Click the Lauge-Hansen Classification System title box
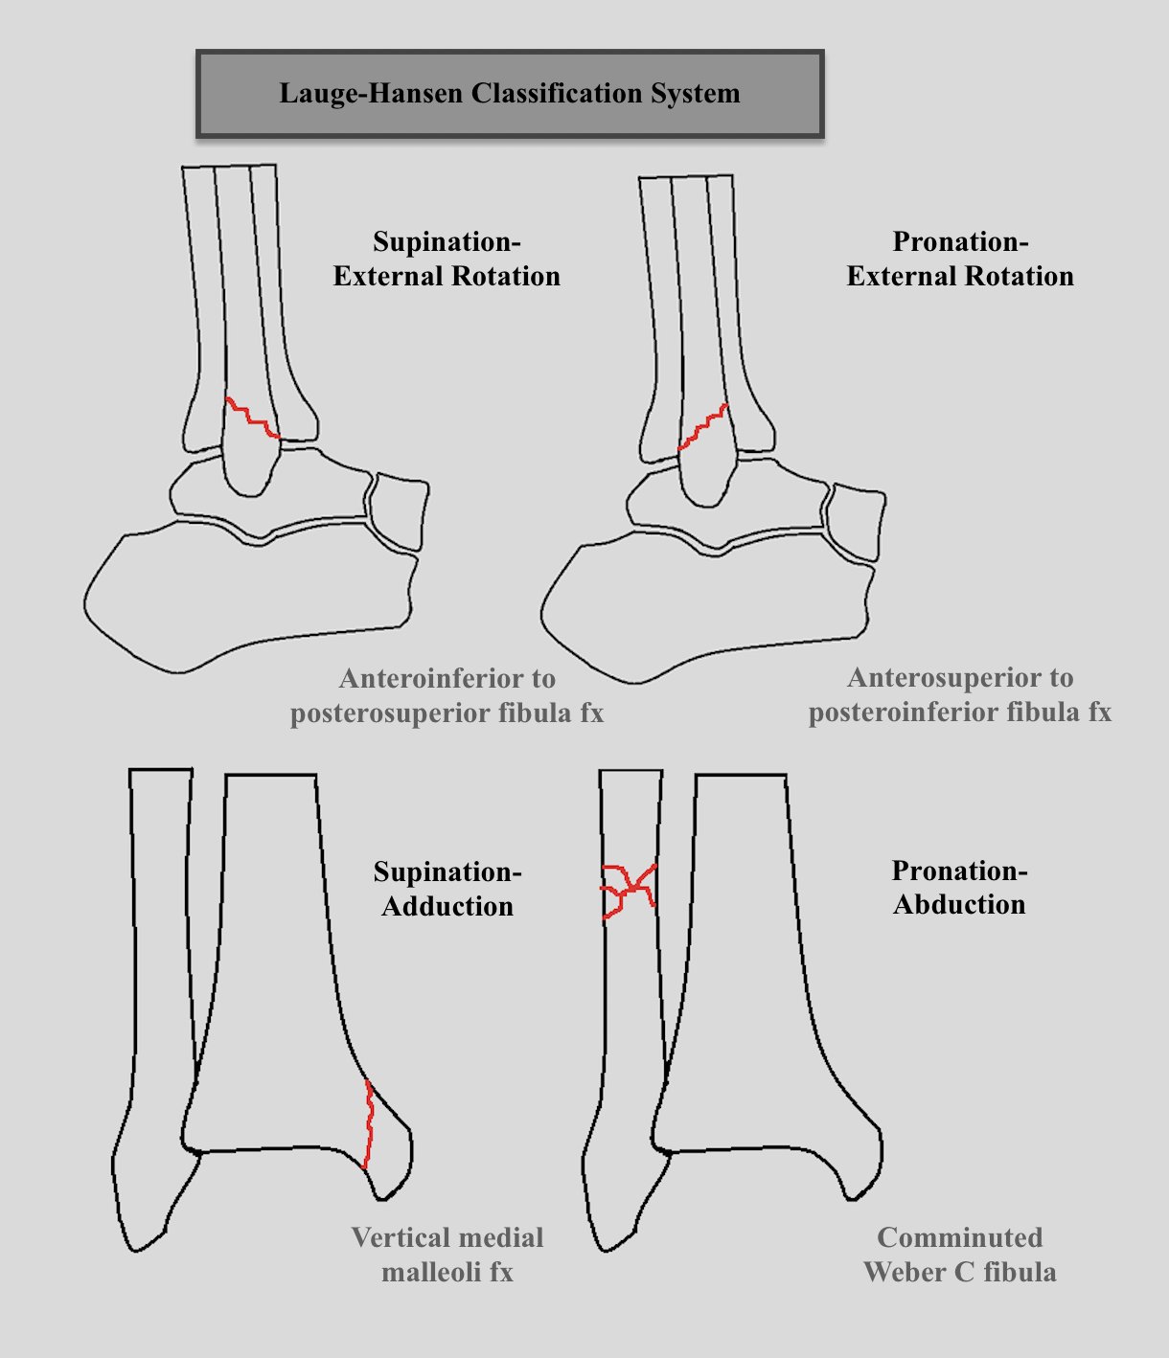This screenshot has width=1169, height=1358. click(x=510, y=94)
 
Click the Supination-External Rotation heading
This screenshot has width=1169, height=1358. click(x=447, y=259)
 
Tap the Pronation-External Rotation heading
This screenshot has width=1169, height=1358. click(x=960, y=259)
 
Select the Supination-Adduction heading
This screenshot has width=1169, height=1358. click(x=447, y=889)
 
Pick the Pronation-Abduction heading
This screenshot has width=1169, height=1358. click(x=959, y=887)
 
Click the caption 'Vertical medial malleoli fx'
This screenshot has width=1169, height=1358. click(x=447, y=1255)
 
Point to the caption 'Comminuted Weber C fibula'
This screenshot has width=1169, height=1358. click(x=959, y=1255)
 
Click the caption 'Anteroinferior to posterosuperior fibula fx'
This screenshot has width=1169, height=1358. click(x=447, y=695)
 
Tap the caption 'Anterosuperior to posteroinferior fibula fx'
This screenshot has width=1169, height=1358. click(x=960, y=694)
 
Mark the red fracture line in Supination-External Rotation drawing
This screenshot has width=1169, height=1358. click(x=252, y=418)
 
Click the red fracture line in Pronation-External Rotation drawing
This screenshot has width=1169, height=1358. click(x=702, y=426)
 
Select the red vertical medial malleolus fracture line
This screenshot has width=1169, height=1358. click(x=369, y=1125)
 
